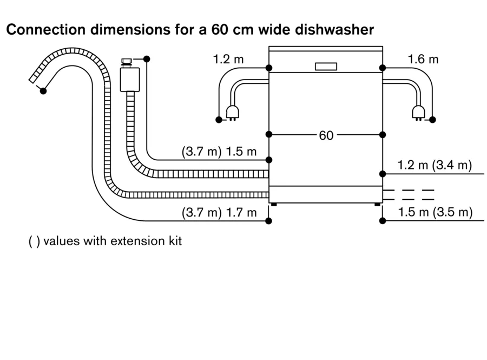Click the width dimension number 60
click(326, 135)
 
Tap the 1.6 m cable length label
click(423, 59)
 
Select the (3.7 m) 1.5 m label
click(219, 152)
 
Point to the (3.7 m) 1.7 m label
click(219, 212)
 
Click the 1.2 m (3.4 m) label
click(435, 165)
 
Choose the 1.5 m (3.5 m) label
click(435, 212)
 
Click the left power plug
click(234, 112)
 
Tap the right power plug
click(417, 112)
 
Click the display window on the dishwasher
click(325, 67)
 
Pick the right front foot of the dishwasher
click(377, 205)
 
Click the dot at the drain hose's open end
click(43, 91)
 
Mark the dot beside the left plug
click(219, 119)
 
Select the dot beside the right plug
click(433, 119)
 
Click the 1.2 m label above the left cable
click(228, 59)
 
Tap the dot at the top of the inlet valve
click(147, 58)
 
